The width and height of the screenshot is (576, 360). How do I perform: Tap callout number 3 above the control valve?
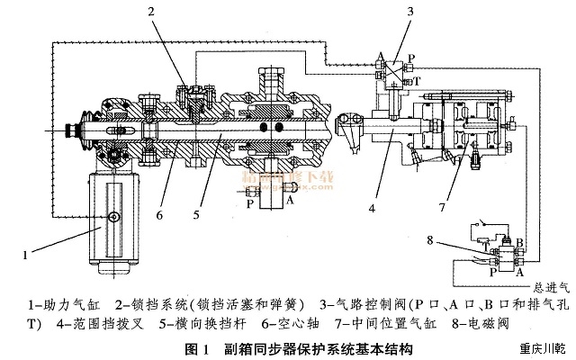tap(385, 12)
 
